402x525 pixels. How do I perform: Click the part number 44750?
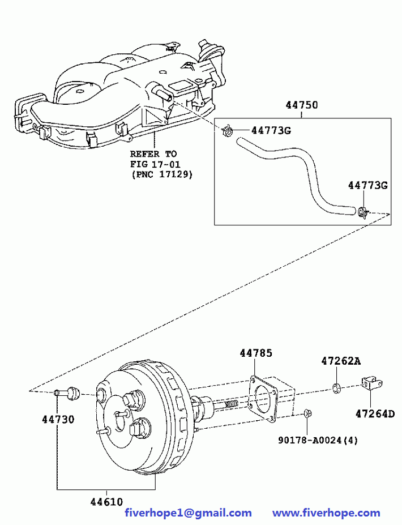click(301, 105)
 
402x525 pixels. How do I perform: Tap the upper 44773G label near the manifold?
click(271, 131)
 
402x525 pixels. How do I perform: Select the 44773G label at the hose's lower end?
click(367, 186)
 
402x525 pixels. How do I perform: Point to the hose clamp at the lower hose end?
click(363, 212)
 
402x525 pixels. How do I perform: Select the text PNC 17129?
click(161, 174)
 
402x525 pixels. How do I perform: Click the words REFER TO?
click(153, 154)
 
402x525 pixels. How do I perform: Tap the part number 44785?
click(255, 353)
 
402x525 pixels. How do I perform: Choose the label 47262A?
click(340, 360)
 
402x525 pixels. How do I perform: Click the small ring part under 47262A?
click(336, 388)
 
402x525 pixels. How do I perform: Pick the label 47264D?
click(375, 413)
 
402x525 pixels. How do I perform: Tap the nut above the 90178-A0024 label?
click(306, 414)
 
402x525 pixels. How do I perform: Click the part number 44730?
click(58, 420)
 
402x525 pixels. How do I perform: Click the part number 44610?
click(106, 501)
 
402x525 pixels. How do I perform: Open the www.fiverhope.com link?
click(326, 513)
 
